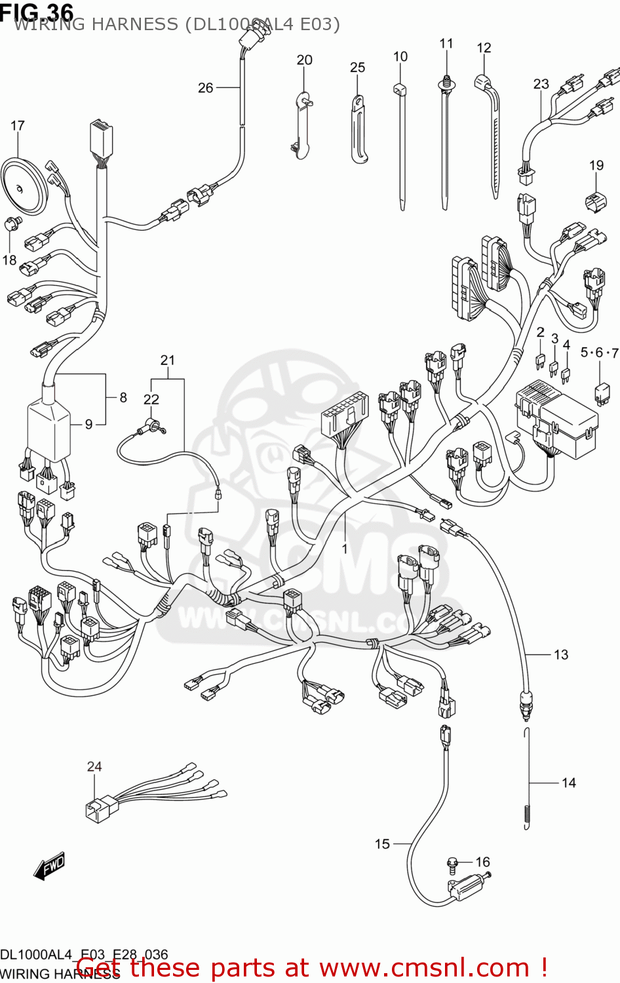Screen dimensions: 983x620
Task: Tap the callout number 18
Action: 9,260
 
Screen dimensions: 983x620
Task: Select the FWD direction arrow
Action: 50,866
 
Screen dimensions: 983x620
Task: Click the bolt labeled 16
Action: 452,864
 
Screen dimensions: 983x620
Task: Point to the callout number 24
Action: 94,766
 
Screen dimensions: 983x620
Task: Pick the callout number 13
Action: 561,654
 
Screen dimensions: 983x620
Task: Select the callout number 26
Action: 206,87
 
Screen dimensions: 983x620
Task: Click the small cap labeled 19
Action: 595,201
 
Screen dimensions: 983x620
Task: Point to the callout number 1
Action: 345,549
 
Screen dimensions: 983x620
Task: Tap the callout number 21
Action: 168,360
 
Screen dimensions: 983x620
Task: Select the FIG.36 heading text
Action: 37,11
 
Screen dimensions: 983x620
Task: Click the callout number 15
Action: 382,843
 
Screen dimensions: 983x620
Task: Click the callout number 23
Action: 541,84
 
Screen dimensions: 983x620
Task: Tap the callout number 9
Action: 89,424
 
